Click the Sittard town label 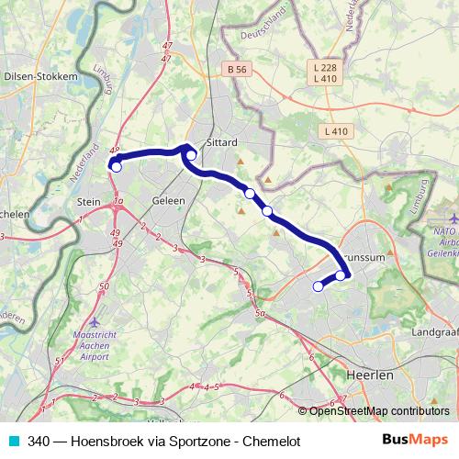223,143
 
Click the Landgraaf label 436,331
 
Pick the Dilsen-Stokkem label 41,77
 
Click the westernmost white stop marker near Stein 116,166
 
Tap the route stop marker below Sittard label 191,155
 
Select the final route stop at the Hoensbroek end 319,286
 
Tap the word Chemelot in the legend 271,441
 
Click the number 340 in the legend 39,441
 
